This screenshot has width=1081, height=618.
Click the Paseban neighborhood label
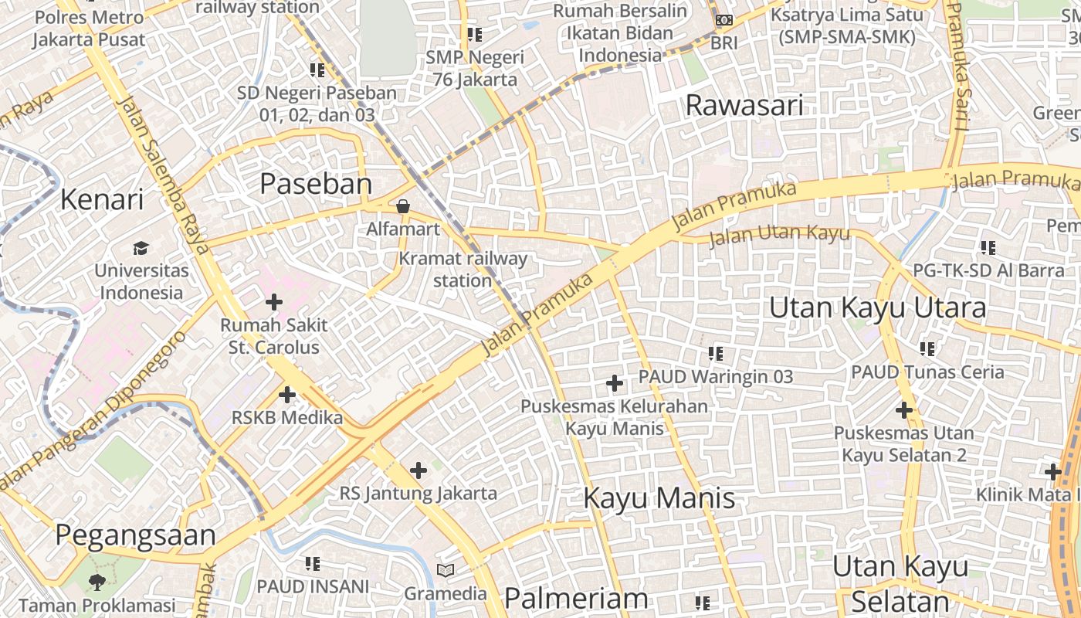click(x=316, y=184)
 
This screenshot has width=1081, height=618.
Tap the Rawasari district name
click(x=744, y=106)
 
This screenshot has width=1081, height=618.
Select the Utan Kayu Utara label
click(x=877, y=307)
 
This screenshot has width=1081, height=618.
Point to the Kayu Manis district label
click(x=659, y=497)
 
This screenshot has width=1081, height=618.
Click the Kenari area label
click(x=102, y=199)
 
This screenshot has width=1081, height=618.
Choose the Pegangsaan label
click(x=135, y=535)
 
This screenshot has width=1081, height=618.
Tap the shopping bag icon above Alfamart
click(x=402, y=206)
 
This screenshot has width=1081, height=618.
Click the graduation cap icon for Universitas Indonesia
click(x=141, y=248)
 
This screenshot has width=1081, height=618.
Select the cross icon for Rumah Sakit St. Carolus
click(x=273, y=302)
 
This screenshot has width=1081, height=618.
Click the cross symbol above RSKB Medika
click(x=286, y=395)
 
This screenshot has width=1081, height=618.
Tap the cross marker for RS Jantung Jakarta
click(x=418, y=470)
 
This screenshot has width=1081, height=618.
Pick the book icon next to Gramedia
click(x=446, y=571)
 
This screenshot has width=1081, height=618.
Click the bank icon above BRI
click(x=723, y=20)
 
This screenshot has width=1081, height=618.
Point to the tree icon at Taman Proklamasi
click(x=97, y=582)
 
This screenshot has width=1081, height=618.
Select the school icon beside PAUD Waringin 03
click(x=716, y=354)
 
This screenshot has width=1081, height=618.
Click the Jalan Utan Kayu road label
click(x=779, y=235)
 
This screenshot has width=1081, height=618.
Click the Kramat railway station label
click(x=463, y=270)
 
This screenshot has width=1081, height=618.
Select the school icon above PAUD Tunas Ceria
click(x=927, y=349)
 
